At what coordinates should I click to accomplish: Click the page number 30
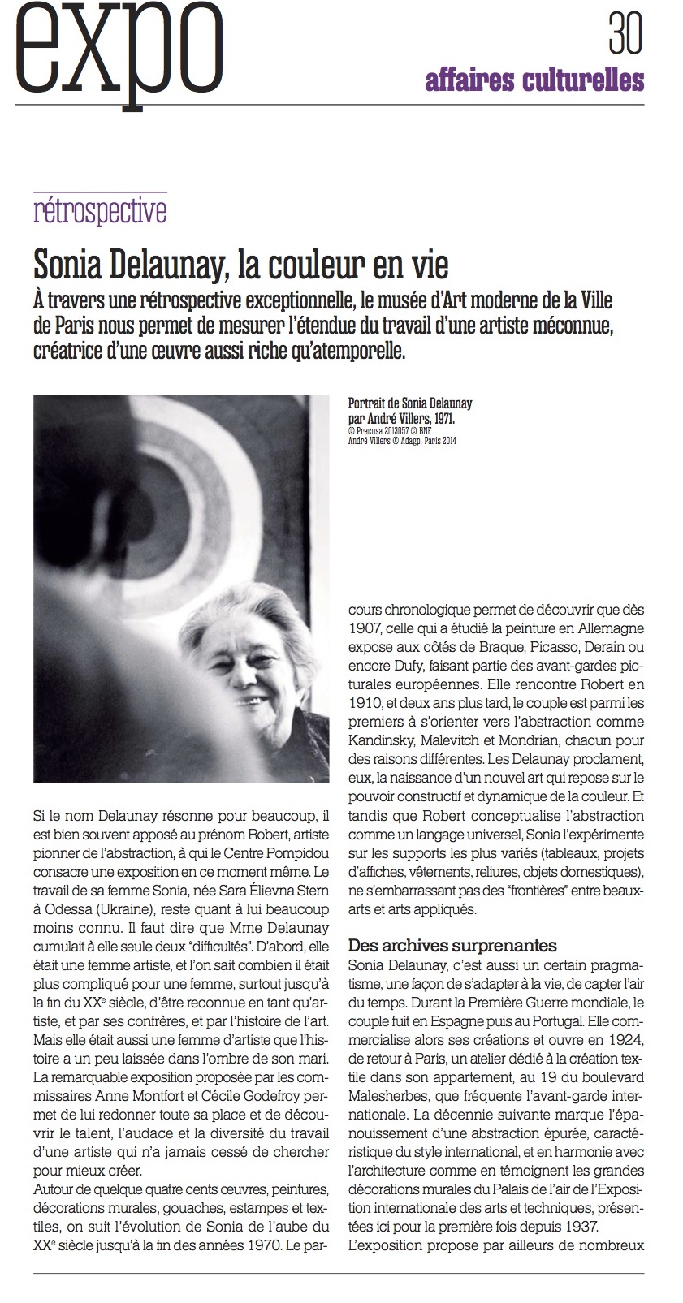[625, 34]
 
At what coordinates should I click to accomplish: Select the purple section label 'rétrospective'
[100, 212]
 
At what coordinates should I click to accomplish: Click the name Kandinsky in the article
[385, 741]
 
